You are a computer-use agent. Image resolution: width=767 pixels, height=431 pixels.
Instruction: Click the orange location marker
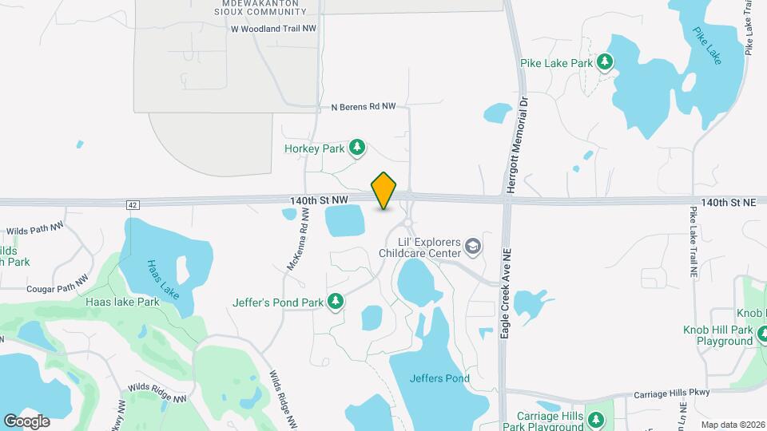pyautogui.click(x=384, y=190)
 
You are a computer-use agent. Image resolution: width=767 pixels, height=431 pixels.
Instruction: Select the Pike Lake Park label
pyautogui.click(x=556, y=62)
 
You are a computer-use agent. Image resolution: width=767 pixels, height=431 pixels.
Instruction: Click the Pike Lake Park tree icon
pyautogui.click(x=606, y=61)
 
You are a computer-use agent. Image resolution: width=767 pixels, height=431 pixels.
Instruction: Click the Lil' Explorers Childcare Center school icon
pyautogui.click(x=474, y=246)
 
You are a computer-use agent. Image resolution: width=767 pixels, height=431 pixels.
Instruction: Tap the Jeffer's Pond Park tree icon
pyautogui.click(x=337, y=302)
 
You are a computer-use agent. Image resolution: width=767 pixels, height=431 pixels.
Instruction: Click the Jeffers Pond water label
pyautogui.click(x=439, y=378)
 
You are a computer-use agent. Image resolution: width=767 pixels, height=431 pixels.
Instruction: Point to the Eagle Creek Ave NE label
pyautogui.click(x=505, y=292)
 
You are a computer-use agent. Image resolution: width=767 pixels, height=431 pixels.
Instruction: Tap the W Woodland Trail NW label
pyautogui.click(x=274, y=28)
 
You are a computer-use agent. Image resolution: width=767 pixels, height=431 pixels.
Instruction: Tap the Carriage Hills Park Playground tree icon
pyautogui.click(x=595, y=420)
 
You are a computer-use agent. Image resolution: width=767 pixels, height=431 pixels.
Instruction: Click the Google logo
pyautogui.click(x=27, y=421)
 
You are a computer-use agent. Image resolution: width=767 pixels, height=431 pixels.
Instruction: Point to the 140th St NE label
pyautogui.click(x=728, y=203)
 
